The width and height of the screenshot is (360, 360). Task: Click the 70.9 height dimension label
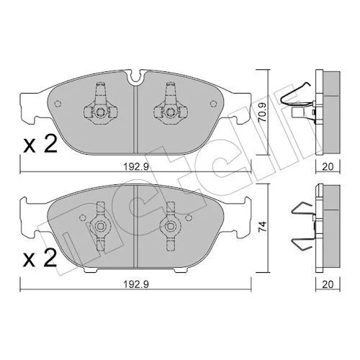click(263, 112)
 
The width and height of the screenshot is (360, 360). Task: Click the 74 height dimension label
click(263, 226)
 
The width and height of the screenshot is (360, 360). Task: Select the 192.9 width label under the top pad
click(136, 167)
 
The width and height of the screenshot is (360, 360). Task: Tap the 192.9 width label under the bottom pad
click(136, 284)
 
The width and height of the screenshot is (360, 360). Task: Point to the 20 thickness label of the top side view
click(328, 167)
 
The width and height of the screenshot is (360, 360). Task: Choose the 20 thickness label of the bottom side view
click(328, 284)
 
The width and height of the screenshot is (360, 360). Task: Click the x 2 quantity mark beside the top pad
click(40, 144)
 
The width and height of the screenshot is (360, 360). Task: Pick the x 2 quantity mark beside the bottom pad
click(40, 258)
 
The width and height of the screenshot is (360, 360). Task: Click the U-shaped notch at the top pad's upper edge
click(136, 77)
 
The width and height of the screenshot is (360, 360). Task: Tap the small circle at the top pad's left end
click(58, 104)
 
